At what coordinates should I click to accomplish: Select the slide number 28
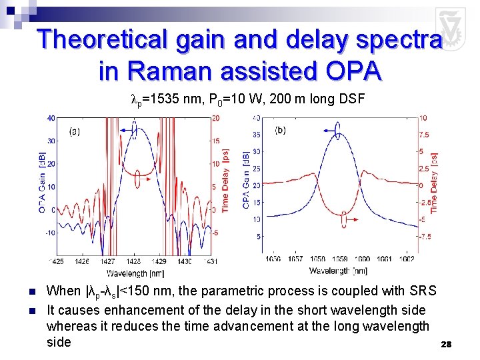(x=446, y=344)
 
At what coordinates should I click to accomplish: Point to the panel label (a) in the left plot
(x=75, y=131)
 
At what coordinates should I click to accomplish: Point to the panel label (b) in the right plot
(x=280, y=130)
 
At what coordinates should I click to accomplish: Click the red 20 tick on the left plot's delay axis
(x=216, y=119)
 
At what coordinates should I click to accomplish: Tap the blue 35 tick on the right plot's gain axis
(x=257, y=134)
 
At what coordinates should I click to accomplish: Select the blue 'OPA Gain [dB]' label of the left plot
(x=42, y=182)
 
